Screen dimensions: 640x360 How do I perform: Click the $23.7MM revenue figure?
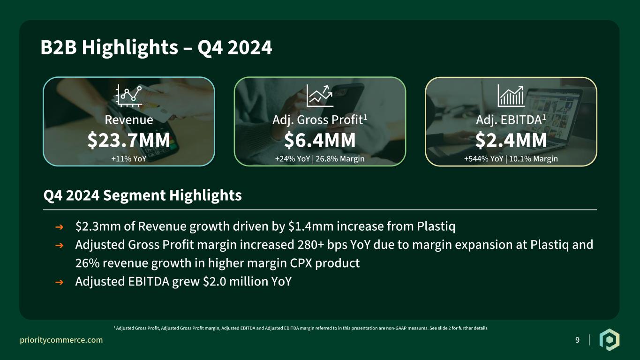[129, 140]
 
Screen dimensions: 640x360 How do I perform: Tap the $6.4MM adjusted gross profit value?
[320, 140]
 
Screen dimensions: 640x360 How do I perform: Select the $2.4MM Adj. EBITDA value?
[511, 140]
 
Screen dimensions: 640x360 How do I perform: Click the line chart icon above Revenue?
[128, 96]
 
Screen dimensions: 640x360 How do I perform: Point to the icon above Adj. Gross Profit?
[320, 96]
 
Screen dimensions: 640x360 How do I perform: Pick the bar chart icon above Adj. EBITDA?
[511, 96]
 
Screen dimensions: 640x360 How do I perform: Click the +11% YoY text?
[129, 158]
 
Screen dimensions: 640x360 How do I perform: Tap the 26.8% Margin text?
[340, 159]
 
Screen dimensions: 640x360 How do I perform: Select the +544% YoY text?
[483, 158]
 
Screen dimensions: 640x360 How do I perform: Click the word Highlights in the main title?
[130, 47]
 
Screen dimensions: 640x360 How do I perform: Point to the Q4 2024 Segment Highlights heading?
[143, 196]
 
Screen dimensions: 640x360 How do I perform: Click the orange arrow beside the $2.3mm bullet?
[59, 227]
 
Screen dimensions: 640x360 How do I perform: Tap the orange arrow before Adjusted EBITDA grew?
[59, 282]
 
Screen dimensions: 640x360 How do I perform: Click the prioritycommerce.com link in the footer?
[61, 340]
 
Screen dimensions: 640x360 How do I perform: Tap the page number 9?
[578, 340]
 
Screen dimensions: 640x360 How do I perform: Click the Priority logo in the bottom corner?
[609, 340]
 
